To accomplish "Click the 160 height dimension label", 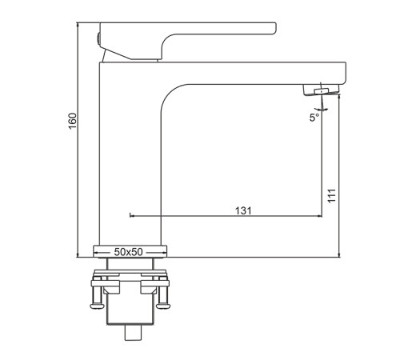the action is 73,121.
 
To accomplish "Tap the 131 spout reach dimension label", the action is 243,210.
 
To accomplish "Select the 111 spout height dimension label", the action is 331,196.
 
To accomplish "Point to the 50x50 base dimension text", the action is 129,252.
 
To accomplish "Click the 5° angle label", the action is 314,118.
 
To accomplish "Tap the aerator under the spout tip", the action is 322,90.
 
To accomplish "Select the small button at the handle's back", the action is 98,39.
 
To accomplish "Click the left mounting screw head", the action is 97,306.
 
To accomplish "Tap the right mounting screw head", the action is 163,306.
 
